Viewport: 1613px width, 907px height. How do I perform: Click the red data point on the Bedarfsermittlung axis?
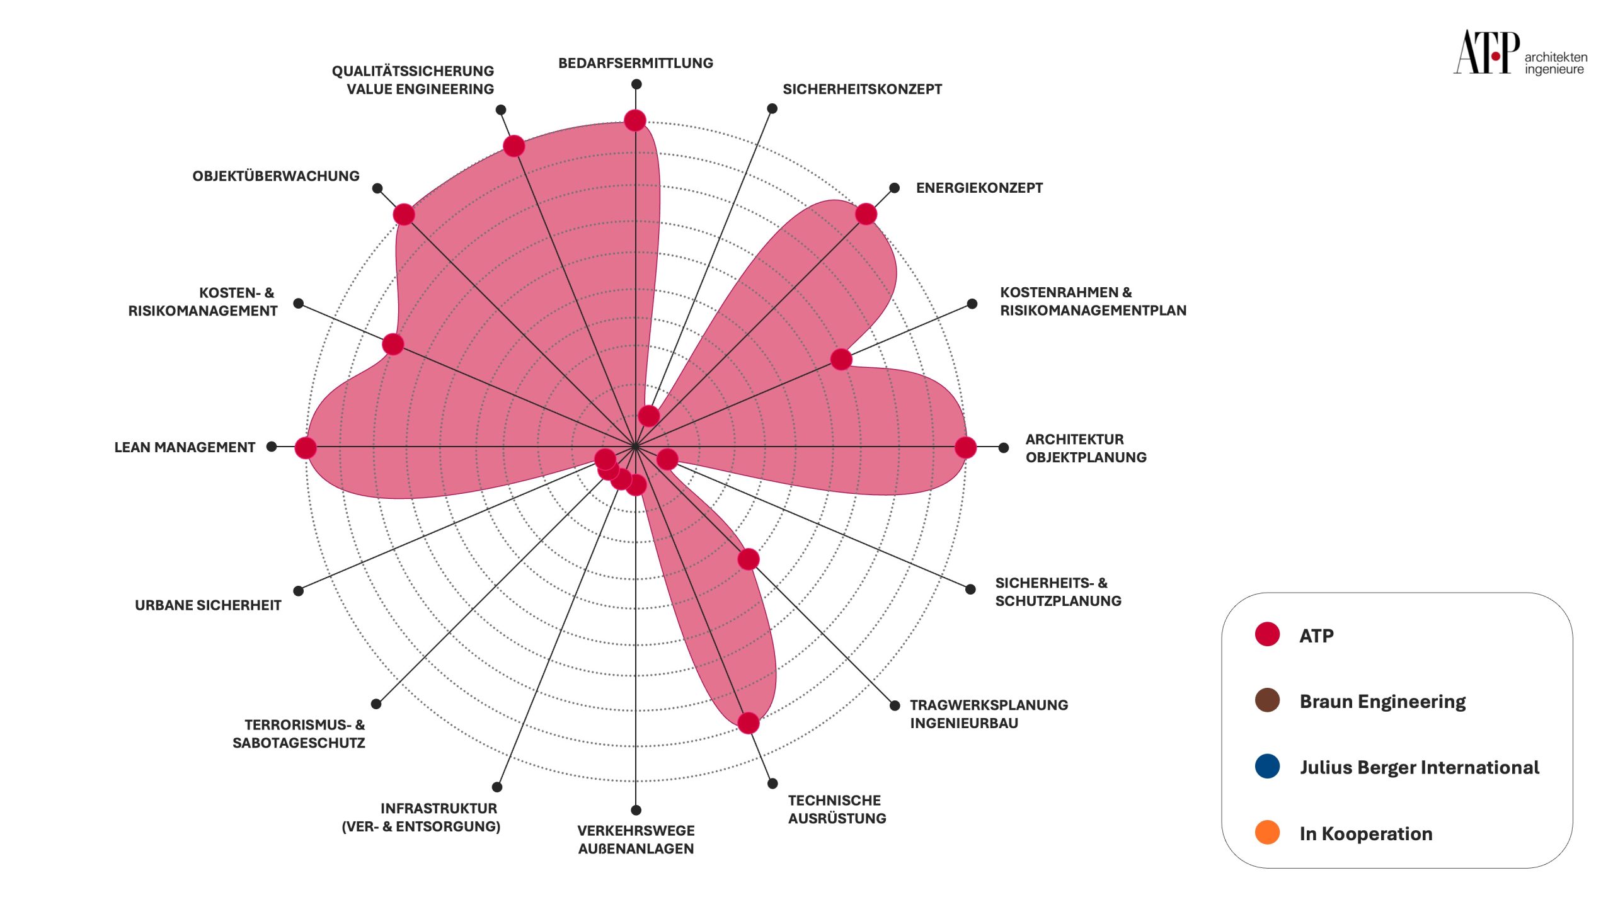pyautogui.click(x=635, y=120)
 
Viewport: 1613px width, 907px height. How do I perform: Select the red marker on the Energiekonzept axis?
pyautogui.click(x=866, y=214)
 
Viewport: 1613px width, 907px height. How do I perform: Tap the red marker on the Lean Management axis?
pyautogui.click(x=306, y=448)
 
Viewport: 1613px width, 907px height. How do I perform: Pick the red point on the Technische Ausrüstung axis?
pyautogui.click(x=748, y=722)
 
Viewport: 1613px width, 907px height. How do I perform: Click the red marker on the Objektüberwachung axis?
pyautogui.click(x=404, y=214)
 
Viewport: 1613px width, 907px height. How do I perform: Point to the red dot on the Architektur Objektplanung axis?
pyautogui.click(x=965, y=447)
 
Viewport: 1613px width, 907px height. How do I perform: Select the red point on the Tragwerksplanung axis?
pyautogui.click(x=748, y=559)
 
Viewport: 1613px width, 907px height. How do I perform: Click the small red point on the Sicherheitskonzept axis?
pyautogui.click(x=648, y=416)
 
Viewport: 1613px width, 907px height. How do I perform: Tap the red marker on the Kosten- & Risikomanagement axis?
pyautogui.click(x=393, y=344)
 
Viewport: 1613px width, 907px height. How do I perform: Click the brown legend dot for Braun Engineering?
pyautogui.click(x=1267, y=700)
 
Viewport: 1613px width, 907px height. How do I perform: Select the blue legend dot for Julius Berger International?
pyautogui.click(x=1267, y=766)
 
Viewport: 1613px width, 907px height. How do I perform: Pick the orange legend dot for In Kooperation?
pyautogui.click(x=1267, y=832)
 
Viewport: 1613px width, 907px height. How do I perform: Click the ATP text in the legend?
pyautogui.click(x=1316, y=636)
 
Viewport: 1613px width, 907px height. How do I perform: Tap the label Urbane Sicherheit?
pyautogui.click(x=208, y=605)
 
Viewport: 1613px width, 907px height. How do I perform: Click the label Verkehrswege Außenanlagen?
pyautogui.click(x=636, y=840)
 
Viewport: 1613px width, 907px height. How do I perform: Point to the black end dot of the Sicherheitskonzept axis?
pyautogui.click(x=772, y=108)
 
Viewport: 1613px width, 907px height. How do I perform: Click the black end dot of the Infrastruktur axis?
pyautogui.click(x=497, y=787)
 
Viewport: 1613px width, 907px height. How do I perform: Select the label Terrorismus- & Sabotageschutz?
pyautogui.click(x=299, y=734)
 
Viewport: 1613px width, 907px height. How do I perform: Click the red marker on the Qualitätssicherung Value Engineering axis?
pyautogui.click(x=514, y=146)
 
